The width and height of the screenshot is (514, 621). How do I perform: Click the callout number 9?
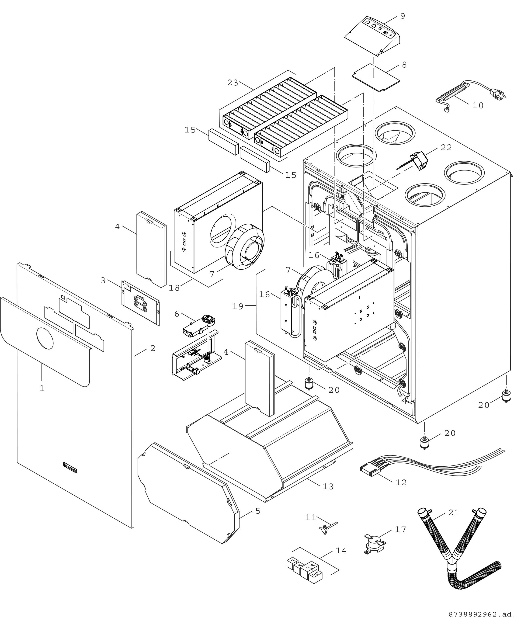[x=403, y=17]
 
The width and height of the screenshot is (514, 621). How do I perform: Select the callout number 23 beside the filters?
[x=233, y=83]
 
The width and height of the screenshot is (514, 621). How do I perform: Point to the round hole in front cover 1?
[x=45, y=338]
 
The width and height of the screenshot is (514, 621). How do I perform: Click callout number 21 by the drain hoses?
[x=454, y=513]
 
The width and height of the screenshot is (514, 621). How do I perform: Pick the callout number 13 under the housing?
[x=328, y=486]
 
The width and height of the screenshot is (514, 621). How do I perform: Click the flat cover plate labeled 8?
[x=375, y=77]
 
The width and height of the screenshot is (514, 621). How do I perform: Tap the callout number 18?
[x=174, y=288]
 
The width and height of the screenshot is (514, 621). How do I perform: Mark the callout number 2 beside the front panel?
[x=152, y=348]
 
